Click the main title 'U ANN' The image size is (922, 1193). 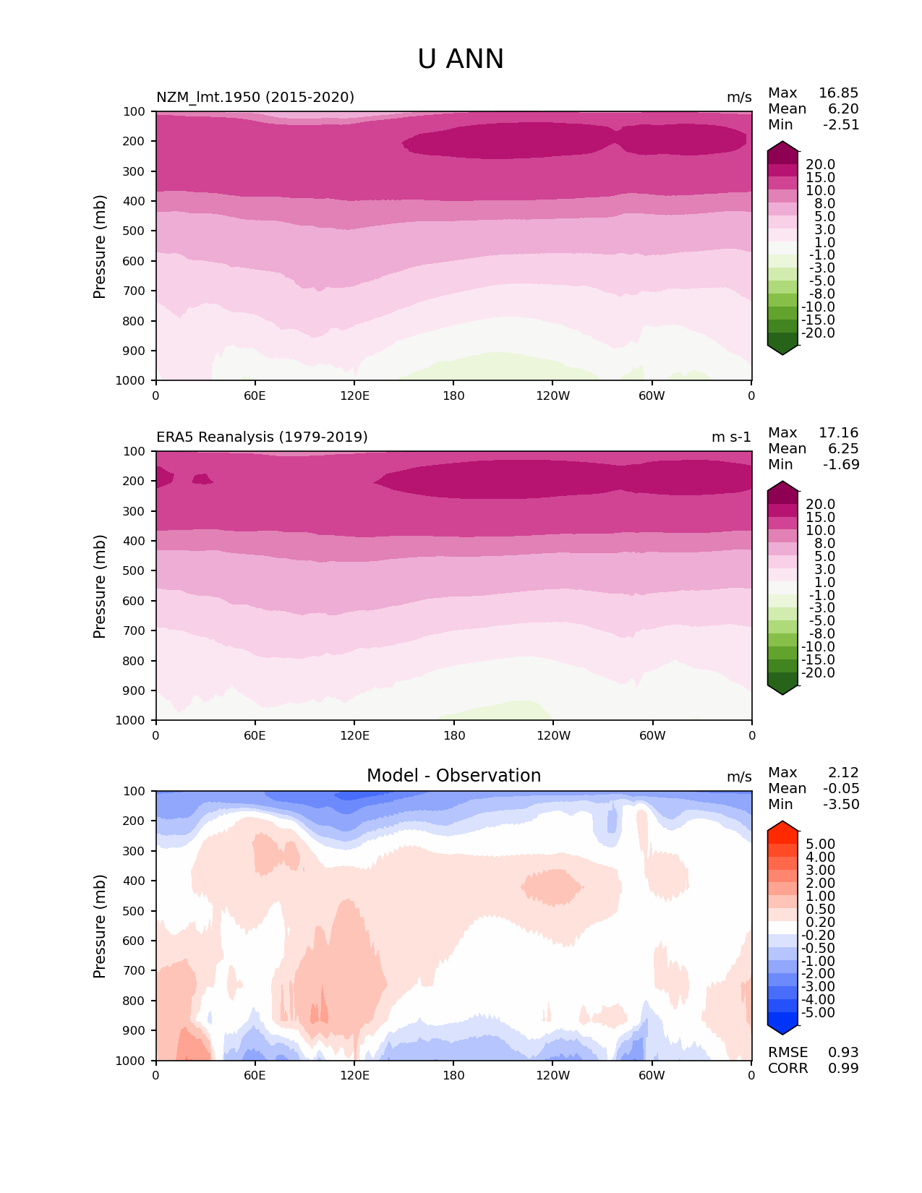[x=461, y=59]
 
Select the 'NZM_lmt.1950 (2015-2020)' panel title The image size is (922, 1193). [x=255, y=98]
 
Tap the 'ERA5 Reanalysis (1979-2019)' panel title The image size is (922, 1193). [x=262, y=437]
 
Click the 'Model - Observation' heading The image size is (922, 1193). [x=453, y=776]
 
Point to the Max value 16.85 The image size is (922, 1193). [x=838, y=93]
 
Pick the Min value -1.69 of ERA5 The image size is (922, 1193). [x=841, y=465]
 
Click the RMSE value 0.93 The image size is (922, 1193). [x=843, y=1053]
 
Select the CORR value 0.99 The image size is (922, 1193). [x=843, y=1069]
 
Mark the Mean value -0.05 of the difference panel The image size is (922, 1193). [x=841, y=789]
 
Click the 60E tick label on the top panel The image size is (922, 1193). [x=255, y=396]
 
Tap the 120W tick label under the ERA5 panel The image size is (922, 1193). [x=553, y=736]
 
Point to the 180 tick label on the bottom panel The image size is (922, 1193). [x=453, y=1076]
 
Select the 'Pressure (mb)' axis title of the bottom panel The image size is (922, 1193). [x=100, y=926]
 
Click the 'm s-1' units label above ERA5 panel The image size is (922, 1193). [x=731, y=437]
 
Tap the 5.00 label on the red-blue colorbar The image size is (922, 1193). [x=820, y=844]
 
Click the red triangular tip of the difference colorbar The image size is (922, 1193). [x=782, y=827]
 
